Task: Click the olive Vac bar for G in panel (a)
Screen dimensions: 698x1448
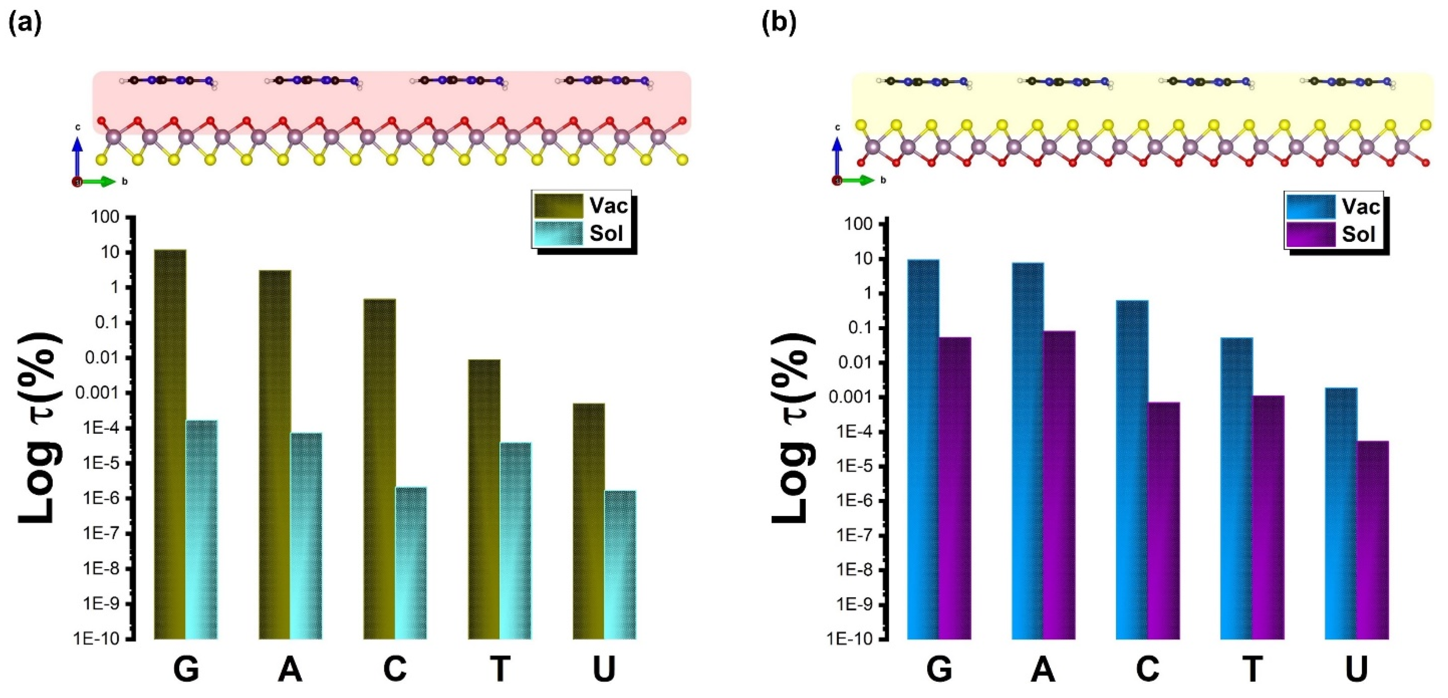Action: coord(170,444)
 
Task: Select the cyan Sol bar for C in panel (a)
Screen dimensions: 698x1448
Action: coord(411,562)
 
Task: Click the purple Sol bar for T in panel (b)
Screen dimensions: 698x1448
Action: coord(1268,517)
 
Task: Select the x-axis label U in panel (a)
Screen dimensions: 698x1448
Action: coord(604,669)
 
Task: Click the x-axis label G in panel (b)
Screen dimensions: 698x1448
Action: coord(939,669)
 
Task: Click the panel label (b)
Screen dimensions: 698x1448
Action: coord(779,23)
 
